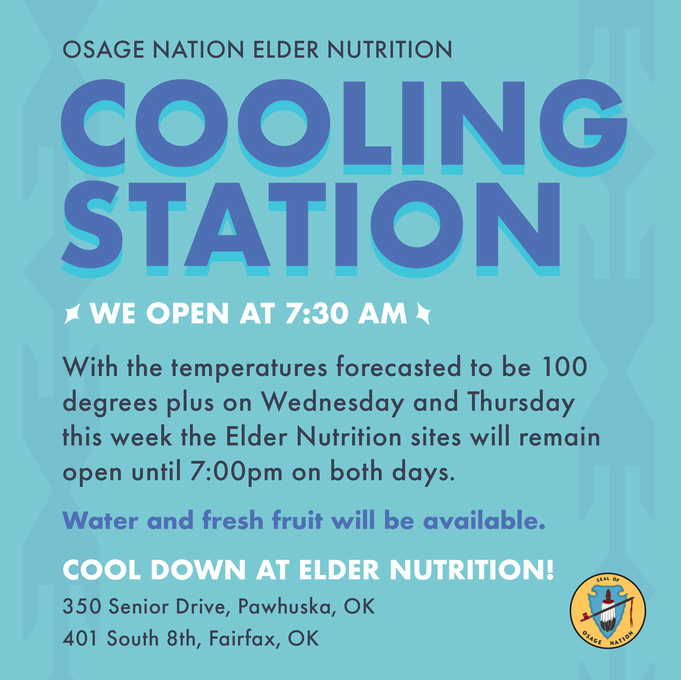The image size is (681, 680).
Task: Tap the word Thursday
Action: click(x=521, y=403)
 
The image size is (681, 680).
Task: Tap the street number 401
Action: click(x=81, y=639)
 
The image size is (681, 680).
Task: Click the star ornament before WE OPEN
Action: click(x=72, y=314)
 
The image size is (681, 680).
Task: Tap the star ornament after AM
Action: click(x=423, y=314)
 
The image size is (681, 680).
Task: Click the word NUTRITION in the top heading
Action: click(x=390, y=50)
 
